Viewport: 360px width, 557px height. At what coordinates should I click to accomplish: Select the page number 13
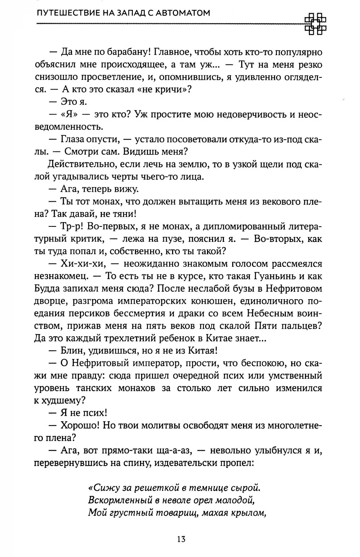(181, 539)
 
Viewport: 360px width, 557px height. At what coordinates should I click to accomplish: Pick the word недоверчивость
(242, 114)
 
